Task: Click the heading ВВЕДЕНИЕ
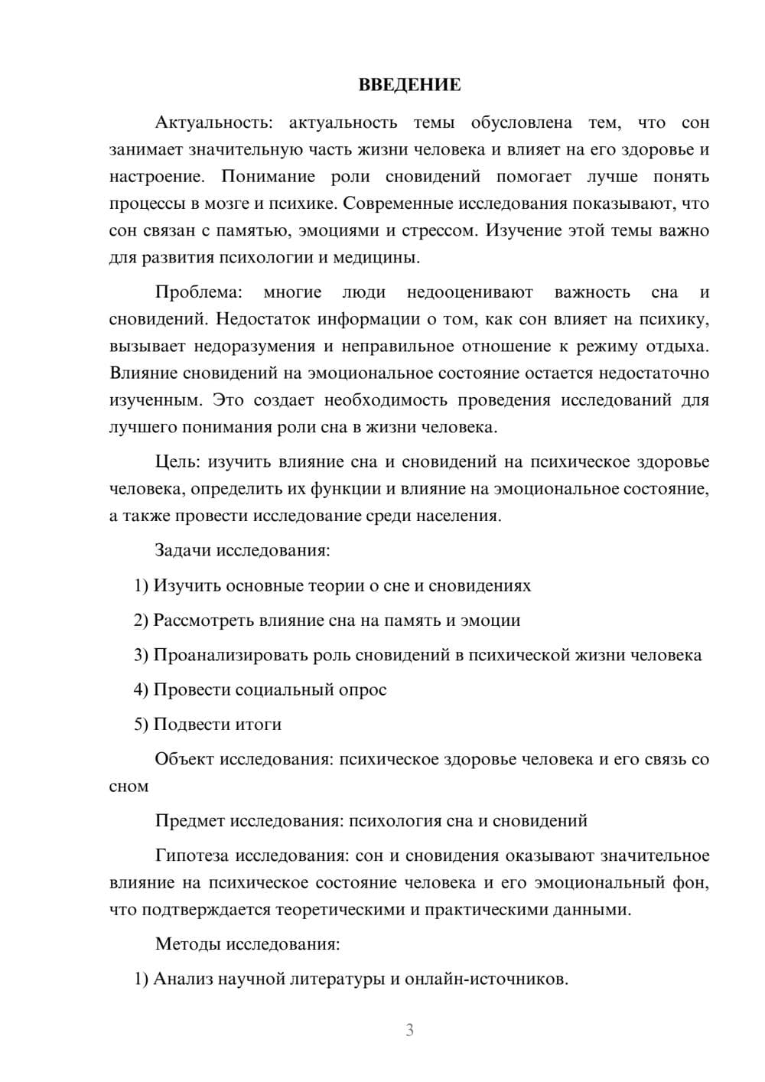[x=409, y=85]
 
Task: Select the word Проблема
[x=198, y=292]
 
